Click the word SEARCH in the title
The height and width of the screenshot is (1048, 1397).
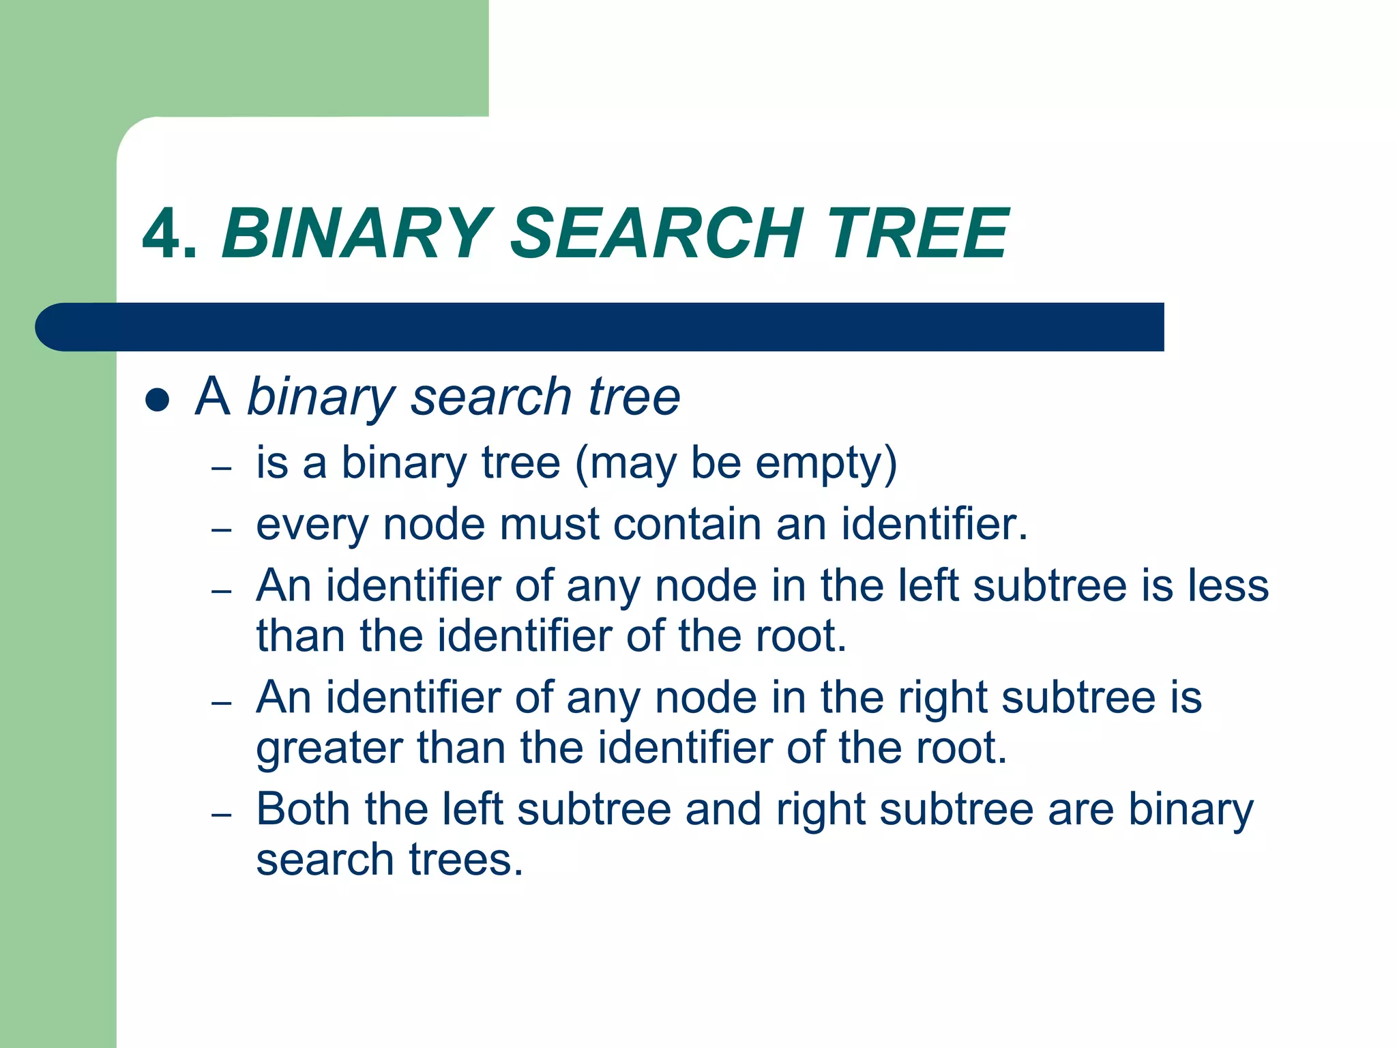click(656, 233)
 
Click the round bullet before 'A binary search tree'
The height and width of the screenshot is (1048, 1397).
click(158, 400)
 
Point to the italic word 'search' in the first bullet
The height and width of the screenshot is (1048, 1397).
click(490, 397)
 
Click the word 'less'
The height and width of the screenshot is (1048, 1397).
click(1229, 587)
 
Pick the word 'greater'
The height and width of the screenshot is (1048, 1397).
click(329, 749)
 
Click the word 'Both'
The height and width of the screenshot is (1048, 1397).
click(303, 810)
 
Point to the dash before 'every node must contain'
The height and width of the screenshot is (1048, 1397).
click(222, 529)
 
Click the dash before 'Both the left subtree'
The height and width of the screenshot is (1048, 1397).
click(222, 815)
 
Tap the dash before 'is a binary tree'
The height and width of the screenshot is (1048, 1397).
click(222, 468)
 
